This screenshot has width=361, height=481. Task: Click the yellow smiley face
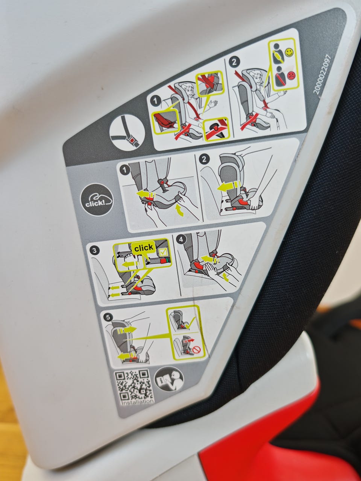point(289,52)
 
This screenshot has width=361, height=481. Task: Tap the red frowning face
point(291,76)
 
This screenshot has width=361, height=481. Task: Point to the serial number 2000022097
point(322,74)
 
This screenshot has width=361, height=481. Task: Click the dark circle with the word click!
point(97,200)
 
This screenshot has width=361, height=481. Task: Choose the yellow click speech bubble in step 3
point(144,250)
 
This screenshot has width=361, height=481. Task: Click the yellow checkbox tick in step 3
point(163,253)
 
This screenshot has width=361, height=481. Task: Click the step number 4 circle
point(181,239)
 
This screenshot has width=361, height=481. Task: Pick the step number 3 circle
point(94,251)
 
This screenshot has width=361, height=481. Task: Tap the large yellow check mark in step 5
point(190,324)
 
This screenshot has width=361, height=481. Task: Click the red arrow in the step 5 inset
point(191,340)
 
